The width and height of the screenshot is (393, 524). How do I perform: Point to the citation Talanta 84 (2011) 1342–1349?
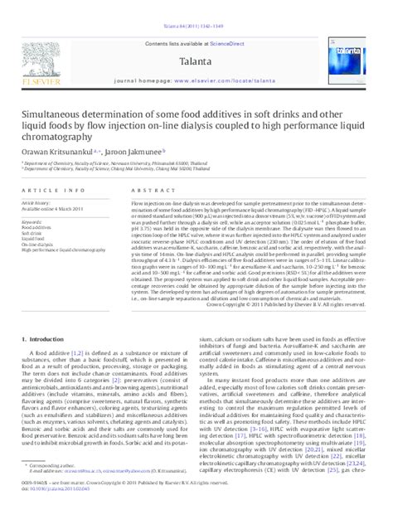pos(196,5)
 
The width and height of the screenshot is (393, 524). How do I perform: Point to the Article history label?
pos(36,201)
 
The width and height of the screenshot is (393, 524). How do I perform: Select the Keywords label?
pos(32,222)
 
